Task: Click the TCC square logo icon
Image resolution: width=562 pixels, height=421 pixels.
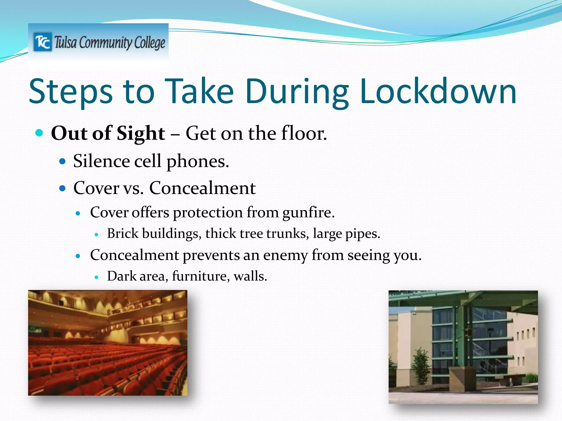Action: click(43, 42)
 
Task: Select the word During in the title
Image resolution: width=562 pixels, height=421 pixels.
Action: click(297, 92)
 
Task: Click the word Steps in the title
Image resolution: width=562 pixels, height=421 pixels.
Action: click(71, 92)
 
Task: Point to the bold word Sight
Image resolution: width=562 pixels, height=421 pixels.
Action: click(141, 134)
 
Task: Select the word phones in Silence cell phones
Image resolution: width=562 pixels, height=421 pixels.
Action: click(197, 161)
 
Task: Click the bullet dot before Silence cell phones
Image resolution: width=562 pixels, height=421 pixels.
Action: click(63, 161)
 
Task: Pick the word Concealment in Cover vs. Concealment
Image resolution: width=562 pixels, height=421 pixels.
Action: click(202, 188)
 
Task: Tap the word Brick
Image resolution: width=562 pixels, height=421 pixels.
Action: click(123, 234)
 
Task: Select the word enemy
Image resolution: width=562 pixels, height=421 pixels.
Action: click(285, 255)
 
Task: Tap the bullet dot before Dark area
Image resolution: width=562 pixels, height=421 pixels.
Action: click(96, 277)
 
